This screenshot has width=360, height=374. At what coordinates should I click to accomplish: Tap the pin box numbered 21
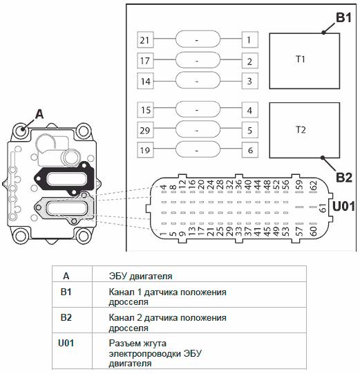pos(145,40)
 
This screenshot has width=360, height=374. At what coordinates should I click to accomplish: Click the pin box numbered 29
pos(145,130)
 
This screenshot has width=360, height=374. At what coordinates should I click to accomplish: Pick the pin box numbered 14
pos(145,81)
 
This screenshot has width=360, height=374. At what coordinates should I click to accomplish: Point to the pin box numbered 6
pos(250,150)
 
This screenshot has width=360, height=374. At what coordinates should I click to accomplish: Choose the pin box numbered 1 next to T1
pos(250,40)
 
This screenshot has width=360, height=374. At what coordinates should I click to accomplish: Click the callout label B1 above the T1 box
pos(343,18)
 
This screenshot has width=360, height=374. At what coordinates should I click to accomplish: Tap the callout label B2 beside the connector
pos(344,178)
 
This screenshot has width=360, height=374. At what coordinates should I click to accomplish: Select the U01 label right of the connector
pos(343,206)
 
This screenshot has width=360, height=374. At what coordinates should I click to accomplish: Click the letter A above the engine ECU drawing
pos(39,114)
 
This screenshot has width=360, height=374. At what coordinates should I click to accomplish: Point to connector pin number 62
pos(314,186)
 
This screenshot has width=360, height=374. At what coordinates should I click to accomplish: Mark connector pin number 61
pos(322,208)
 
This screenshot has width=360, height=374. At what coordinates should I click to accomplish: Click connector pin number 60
pos(314,231)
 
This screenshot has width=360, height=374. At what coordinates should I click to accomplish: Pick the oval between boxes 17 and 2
pos(198,60)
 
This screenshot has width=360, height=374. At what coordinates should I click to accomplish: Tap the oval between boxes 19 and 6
pos(198,149)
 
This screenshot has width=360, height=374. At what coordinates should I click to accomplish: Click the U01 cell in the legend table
pos(66,343)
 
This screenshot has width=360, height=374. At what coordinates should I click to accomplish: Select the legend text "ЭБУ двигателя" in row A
pos(140,277)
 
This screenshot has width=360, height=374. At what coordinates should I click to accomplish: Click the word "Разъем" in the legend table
pos(122,344)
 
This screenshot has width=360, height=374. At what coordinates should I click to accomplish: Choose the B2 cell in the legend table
pos(66,318)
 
